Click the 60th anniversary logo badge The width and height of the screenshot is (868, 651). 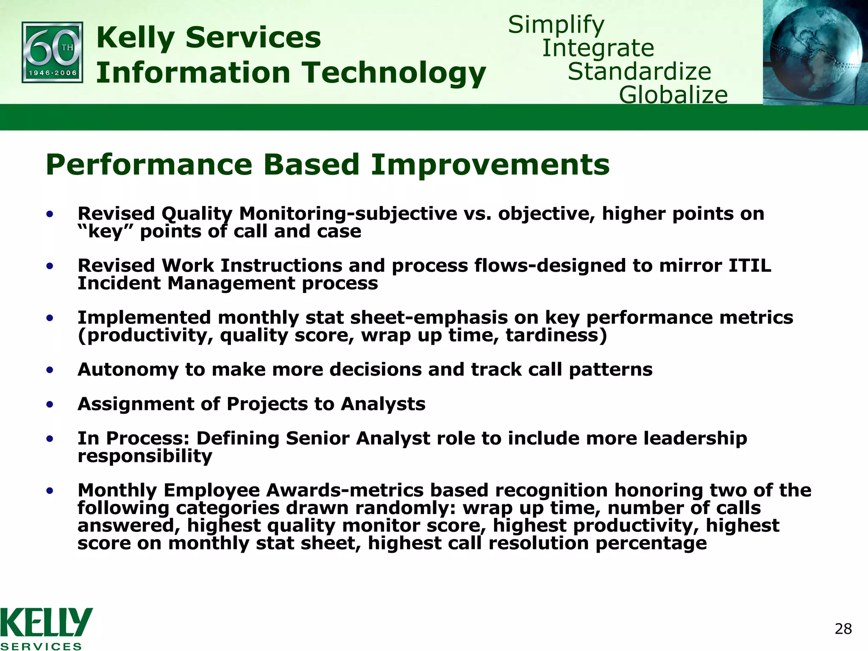pyautogui.click(x=52, y=52)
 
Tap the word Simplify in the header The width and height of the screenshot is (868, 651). pyautogui.click(x=556, y=25)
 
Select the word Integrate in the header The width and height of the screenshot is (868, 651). pyautogui.click(x=598, y=48)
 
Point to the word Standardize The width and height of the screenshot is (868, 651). pyautogui.click(x=639, y=71)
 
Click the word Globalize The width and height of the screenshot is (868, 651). pyautogui.click(x=673, y=95)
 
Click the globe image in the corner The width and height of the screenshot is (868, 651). pyautogui.click(x=815, y=52)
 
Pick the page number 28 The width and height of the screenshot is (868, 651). pyautogui.click(x=843, y=629)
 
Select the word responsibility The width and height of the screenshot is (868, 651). pyautogui.click(x=145, y=456)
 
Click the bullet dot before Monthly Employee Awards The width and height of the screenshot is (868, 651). pyautogui.click(x=50, y=491)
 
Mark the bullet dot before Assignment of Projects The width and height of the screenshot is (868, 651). pyautogui.click(x=50, y=404)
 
